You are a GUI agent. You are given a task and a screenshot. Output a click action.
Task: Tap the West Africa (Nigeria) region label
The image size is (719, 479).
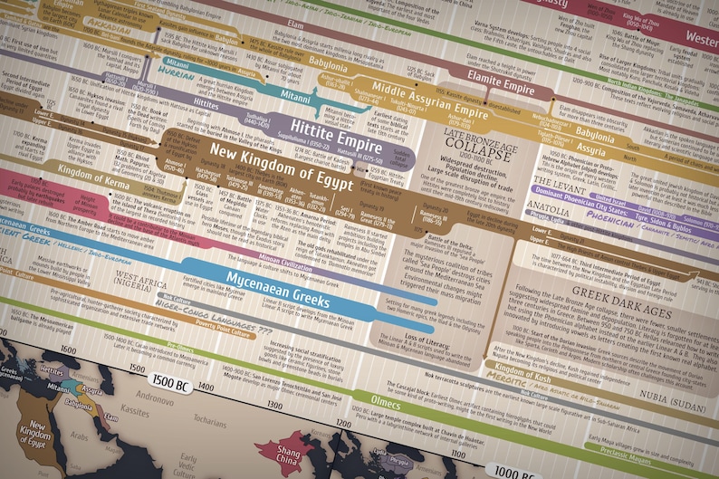click(138, 282)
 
